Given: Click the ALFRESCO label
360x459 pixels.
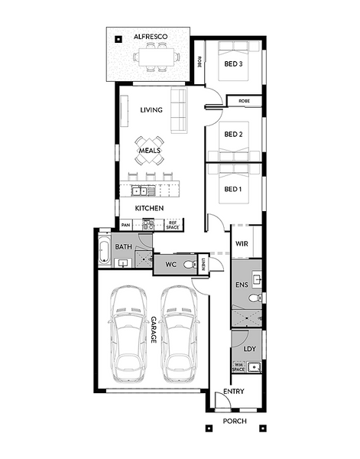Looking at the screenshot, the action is pos(151,37).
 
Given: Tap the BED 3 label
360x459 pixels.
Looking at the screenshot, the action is pos(233,63).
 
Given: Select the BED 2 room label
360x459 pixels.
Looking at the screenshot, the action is pos(233,134).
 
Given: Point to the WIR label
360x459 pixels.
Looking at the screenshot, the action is pos(242,243).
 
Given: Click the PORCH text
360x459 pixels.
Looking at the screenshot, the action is pos(235,421).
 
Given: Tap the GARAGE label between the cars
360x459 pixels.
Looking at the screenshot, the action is pos(154,330).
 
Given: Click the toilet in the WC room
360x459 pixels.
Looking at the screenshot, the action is pos(190,265).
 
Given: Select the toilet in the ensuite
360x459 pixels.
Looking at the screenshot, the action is pos(255,298).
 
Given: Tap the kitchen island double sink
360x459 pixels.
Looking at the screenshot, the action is pos(140,191).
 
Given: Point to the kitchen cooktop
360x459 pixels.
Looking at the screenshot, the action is pos(148,225).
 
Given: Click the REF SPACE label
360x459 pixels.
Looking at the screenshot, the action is pos(173,225).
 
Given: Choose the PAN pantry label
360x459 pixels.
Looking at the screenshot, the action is pos(125,225).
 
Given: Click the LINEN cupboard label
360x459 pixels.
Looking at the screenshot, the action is pos(203,265).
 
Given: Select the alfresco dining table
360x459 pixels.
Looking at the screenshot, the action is pos(157,57).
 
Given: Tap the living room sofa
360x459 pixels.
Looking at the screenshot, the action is pos(179,110).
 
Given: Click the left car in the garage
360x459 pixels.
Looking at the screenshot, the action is pos(128,334).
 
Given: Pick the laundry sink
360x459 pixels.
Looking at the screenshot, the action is pos(255,366).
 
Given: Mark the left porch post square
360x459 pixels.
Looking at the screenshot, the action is pos(209,428).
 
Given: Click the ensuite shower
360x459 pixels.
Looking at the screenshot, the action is pos(246,317).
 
